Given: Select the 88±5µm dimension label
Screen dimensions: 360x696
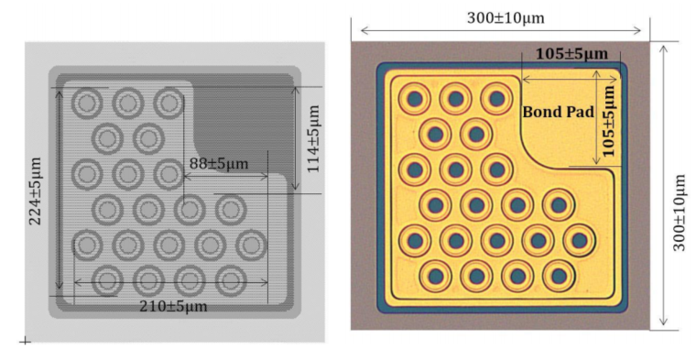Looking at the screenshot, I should tap(218, 164).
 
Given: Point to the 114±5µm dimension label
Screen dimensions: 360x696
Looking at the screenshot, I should tap(313, 138).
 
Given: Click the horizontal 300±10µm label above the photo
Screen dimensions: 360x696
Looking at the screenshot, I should tap(501, 17).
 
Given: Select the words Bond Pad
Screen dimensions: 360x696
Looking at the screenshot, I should tap(558, 112).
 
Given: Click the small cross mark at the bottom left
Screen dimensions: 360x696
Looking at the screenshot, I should tap(25, 342).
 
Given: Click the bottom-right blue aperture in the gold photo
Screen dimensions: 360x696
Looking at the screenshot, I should tap(558, 275).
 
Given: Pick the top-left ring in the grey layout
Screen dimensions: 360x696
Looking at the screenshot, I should tap(87, 103).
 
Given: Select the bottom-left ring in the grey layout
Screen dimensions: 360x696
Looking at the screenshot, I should tap(107, 279).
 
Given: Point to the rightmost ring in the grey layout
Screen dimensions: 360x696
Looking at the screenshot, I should tap(251, 245).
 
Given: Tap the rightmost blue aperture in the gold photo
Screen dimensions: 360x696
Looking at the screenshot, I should tap(579, 241).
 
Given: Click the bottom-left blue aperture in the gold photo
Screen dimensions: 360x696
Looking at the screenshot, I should tap(435, 275).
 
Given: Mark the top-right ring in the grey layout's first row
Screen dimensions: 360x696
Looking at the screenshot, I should tap(169, 103).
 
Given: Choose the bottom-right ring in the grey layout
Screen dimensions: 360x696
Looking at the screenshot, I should tap(229, 279).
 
